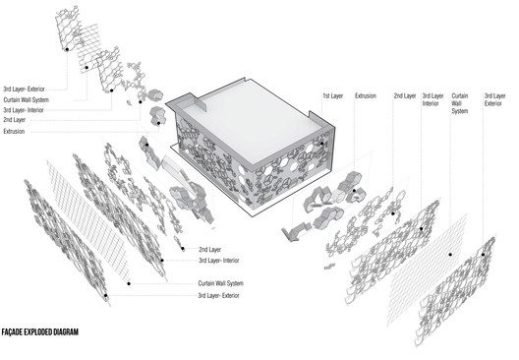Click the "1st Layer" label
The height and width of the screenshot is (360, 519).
333,96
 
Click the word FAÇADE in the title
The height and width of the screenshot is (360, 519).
12,331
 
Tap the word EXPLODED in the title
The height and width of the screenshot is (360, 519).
37,331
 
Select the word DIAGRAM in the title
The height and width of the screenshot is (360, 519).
65,331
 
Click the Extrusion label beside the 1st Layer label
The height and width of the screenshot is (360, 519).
366,96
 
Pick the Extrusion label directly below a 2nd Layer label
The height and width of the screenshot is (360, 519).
14,132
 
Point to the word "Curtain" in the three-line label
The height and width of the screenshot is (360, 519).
460,96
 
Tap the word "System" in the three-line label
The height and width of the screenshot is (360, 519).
460,111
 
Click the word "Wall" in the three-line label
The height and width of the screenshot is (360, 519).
456,103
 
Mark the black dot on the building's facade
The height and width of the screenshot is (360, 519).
321,144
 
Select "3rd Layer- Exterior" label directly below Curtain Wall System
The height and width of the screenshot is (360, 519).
219,295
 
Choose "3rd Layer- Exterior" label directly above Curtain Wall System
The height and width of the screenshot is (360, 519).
24,90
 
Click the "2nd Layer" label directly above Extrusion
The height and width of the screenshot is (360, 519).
14,120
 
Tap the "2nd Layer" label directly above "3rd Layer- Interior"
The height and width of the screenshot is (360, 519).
209,250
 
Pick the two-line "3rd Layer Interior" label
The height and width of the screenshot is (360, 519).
432,99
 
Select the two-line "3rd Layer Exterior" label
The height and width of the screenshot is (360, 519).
494,99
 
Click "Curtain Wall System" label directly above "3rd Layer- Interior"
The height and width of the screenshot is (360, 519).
27,99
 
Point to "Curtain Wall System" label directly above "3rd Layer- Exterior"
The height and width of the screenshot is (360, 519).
221,283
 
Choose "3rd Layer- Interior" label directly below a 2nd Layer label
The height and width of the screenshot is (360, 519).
219,261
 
